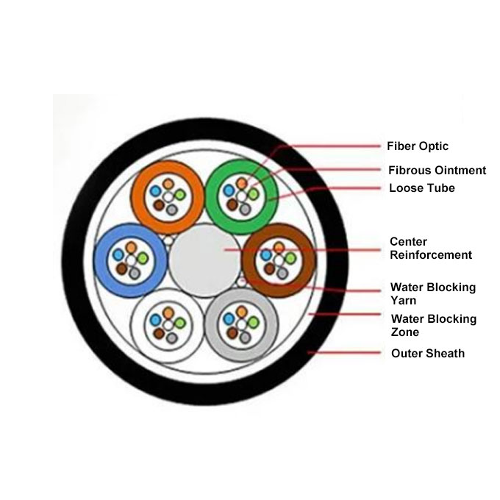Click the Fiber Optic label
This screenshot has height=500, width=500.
tap(417, 146)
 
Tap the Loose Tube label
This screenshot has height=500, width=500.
tap(421, 188)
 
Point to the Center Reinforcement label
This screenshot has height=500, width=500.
tap(430, 249)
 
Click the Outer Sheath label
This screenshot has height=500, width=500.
tap(427, 354)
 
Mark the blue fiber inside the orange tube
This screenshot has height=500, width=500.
tap(156, 190)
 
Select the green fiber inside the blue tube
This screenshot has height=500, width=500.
tap(143, 259)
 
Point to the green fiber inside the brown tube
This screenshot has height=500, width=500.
tap(290, 258)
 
